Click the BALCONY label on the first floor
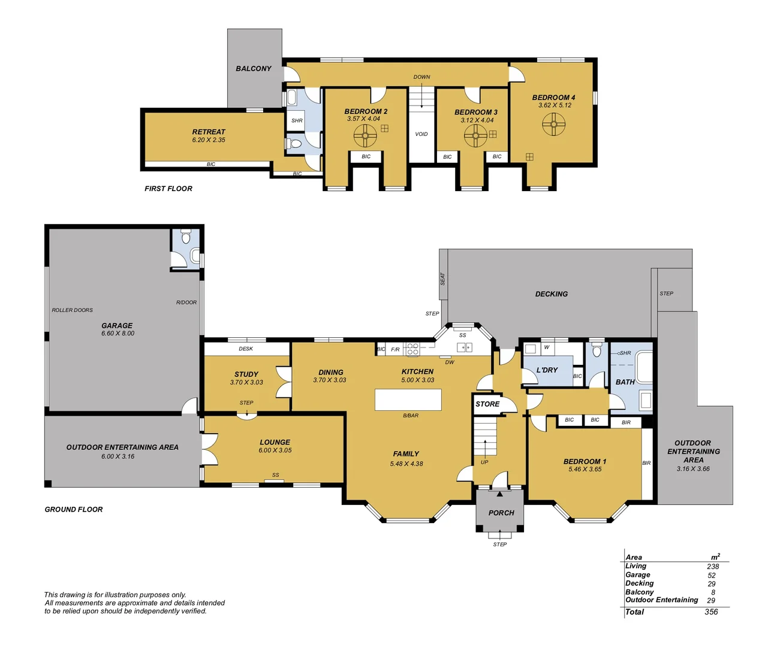pos(253,69)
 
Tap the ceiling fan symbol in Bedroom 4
pos(553,125)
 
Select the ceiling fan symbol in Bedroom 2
pos(365,135)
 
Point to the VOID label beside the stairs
pos(421,134)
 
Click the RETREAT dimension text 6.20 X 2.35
pos(209,140)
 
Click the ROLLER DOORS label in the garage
pos(72,310)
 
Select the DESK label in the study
pos(246,349)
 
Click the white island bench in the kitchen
pos(408,400)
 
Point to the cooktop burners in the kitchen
pos(412,349)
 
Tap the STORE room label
pos(487,404)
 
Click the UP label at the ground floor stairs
pos(484,462)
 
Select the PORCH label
pos(501,513)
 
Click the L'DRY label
pos(547,370)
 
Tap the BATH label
pos(625,382)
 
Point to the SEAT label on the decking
pos(443,279)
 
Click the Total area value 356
pos(711,612)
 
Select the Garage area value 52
pos(712,576)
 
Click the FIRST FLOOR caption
pos(168,189)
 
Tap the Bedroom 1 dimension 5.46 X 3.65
pos(585,470)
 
